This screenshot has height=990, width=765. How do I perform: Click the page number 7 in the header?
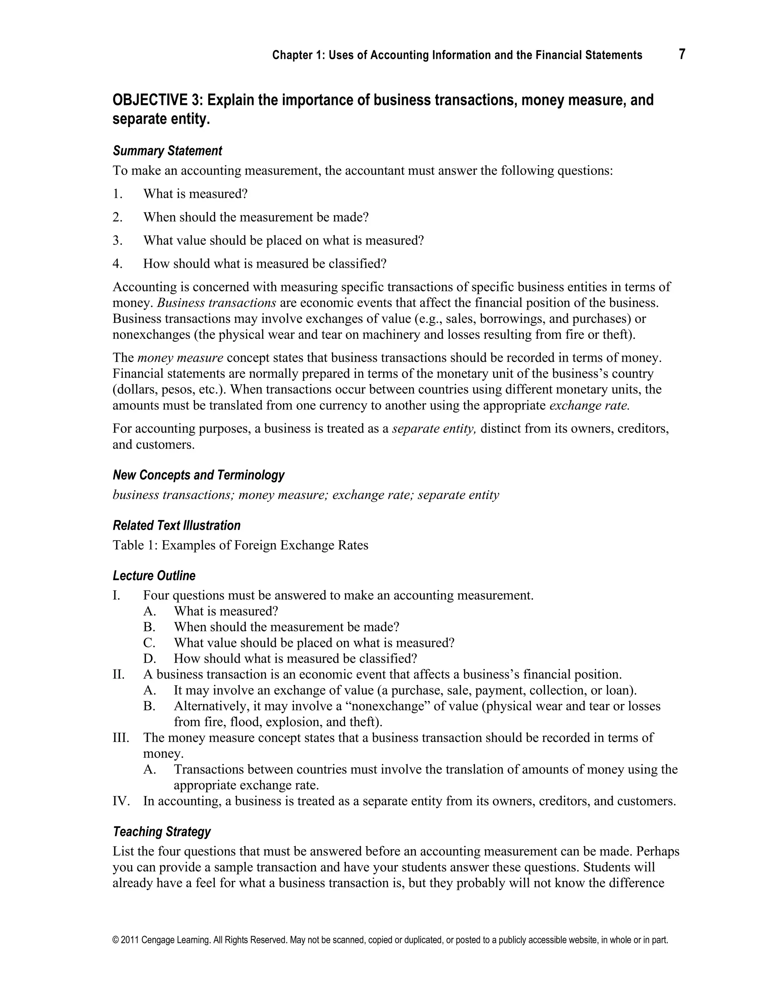682,55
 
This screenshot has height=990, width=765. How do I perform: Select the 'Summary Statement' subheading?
167,151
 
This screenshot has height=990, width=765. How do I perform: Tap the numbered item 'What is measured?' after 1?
195,194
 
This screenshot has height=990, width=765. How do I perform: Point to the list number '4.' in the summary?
118,264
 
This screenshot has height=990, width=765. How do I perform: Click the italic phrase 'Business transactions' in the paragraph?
217,303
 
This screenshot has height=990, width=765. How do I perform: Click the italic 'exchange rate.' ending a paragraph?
589,405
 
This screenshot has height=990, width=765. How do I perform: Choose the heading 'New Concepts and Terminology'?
198,475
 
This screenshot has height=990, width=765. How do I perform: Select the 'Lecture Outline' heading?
154,576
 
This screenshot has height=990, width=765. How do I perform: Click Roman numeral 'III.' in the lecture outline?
121,737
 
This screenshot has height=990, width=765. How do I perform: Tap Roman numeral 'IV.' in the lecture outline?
121,801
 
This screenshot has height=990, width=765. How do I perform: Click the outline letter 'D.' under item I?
149,658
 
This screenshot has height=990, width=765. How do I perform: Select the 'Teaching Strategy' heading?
162,832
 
